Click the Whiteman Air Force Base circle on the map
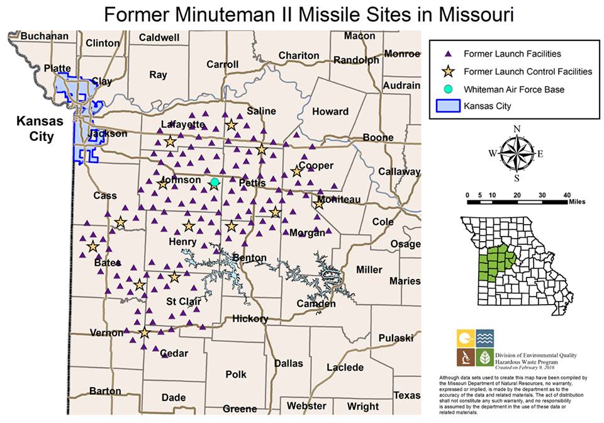215,183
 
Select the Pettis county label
253,183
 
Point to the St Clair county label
183,302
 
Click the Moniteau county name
338,200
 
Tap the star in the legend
447,71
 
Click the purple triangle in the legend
447,54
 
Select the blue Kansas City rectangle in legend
447,106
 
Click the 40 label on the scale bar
567,195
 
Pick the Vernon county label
107,333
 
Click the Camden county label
316,304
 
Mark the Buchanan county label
44,37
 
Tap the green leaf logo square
484,358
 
